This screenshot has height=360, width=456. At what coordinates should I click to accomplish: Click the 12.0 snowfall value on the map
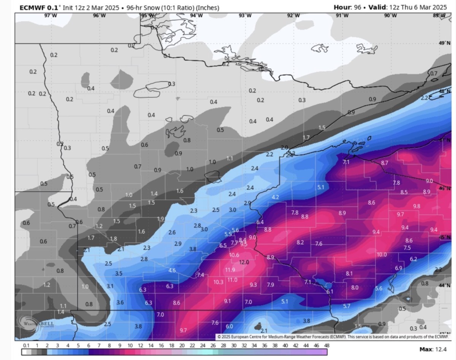pyautogui.click(x=244, y=262)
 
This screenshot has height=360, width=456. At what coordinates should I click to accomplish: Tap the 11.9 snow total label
pyautogui.click(x=230, y=270)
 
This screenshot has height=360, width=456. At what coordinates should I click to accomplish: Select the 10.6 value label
pyautogui.click(x=234, y=255)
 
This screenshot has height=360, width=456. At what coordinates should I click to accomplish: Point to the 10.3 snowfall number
pyautogui.click(x=218, y=282)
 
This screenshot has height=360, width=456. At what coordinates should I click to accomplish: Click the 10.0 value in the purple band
pyautogui.click(x=382, y=255)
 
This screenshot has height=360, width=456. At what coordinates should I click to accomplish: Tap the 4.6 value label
pyautogui.click(x=172, y=271)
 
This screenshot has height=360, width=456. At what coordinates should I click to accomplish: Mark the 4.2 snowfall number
pyautogui.click(x=275, y=197)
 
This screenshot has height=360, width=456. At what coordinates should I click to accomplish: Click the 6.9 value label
pyautogui.click(x=399, y=268)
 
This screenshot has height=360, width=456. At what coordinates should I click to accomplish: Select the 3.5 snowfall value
pyautogui.click(x=119, y=274)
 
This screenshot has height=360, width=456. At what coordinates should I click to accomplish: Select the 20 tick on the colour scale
pyautogui.click(x=182, y=346)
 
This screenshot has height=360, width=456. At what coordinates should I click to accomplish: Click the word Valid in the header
pyautogui.click(x=377, y=7)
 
